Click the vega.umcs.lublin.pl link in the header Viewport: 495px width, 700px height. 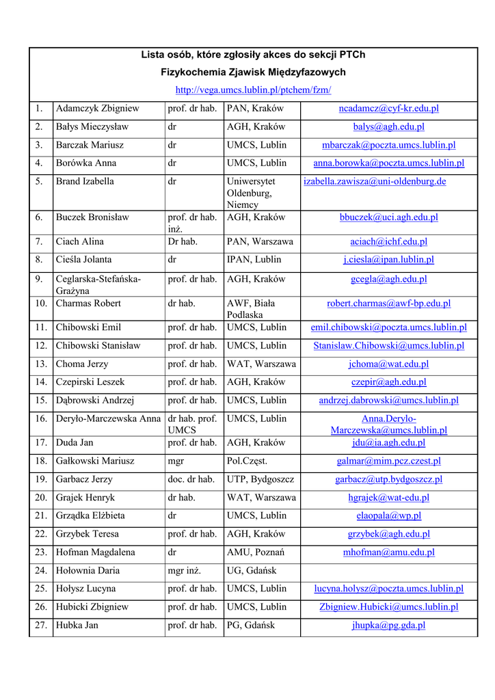coord(253,90)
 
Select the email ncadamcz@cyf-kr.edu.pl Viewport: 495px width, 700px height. coord(388,109)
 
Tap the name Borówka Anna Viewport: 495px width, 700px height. coord(86,163)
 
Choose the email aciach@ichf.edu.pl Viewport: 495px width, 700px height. coord(388,242)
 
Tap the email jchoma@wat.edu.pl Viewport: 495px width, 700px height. coord(388,364)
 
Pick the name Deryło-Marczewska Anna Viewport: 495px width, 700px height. coord(108,419)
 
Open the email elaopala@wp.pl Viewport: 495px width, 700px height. coord(388,516)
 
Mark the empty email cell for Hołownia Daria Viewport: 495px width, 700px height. coord(388,571)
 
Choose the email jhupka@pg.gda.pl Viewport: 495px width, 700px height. coord(388,625)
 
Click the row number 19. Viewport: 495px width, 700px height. coord(41,480)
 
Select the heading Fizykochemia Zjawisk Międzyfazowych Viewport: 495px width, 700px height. coord(253,72)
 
